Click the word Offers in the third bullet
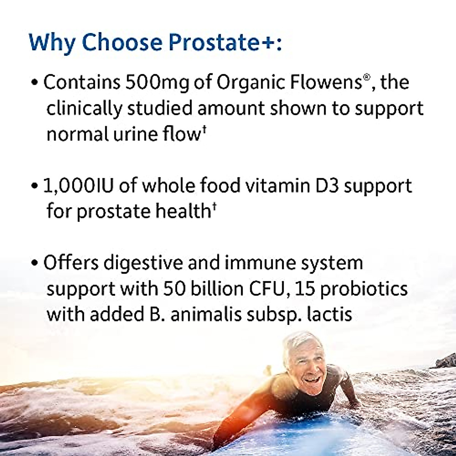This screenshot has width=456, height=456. (x=71, y=263)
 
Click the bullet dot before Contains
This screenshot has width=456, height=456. (x=35, y=83)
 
